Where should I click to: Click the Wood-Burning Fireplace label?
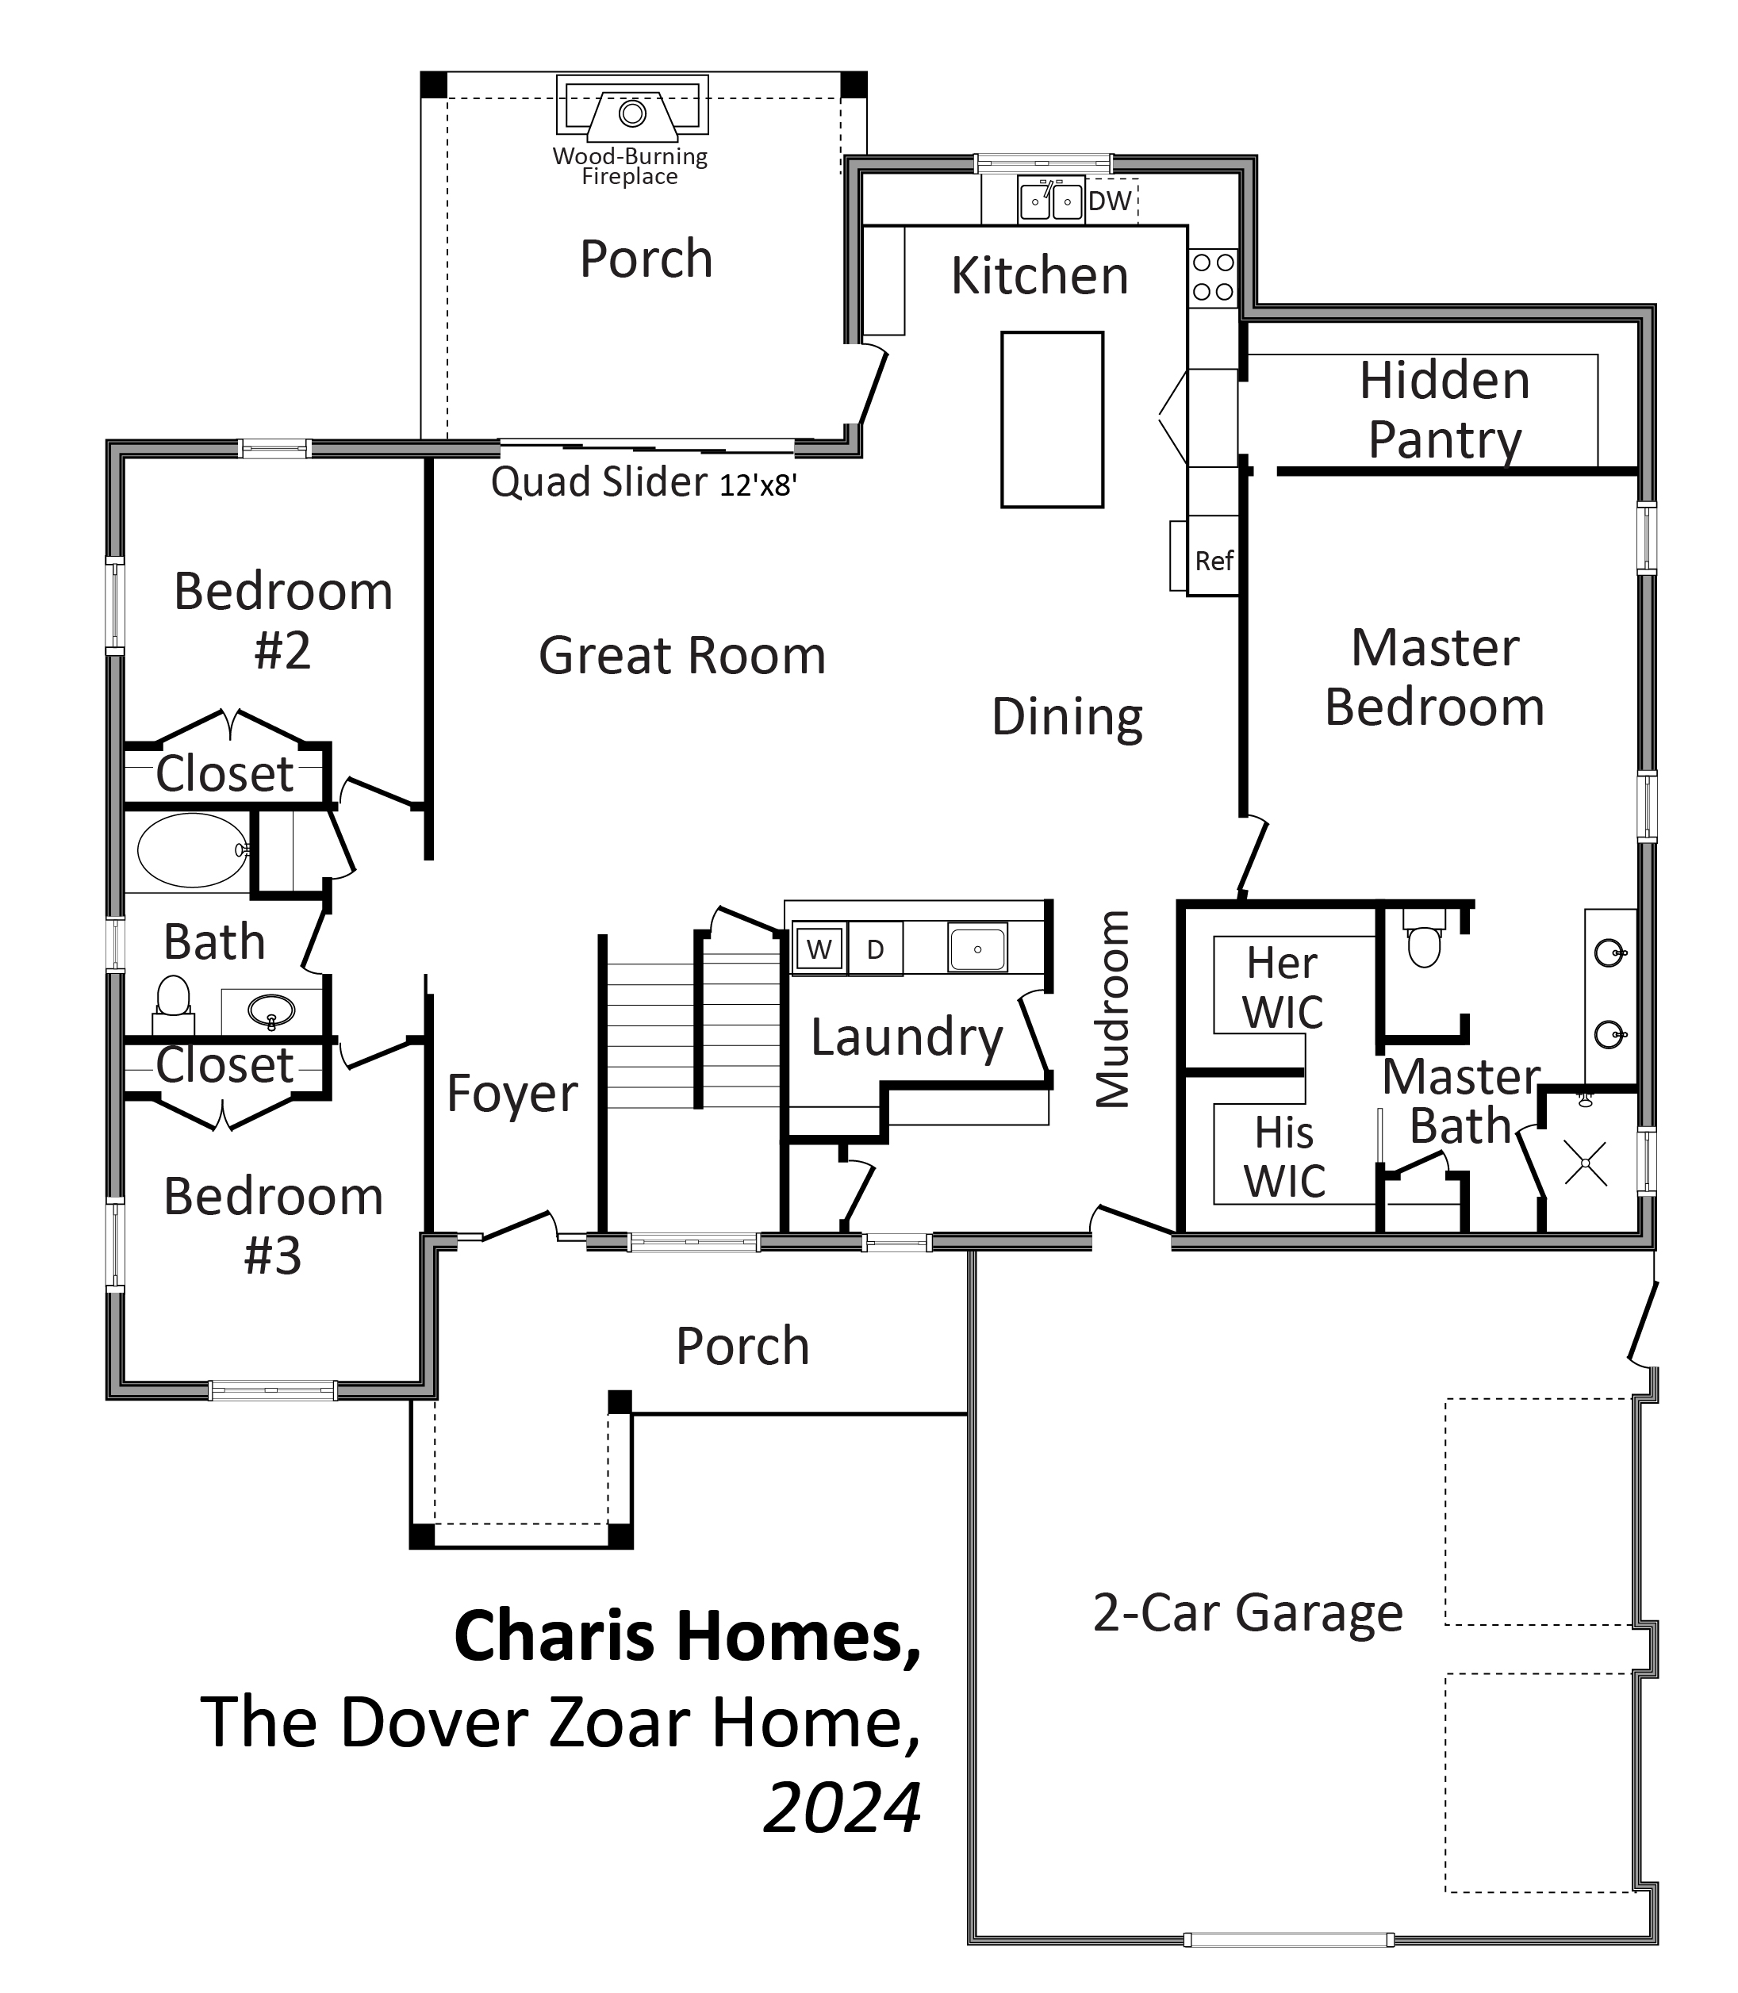point(630,166)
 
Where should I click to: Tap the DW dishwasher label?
point(1110,201)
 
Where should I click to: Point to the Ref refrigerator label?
point(1214,561)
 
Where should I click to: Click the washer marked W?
point(819,949)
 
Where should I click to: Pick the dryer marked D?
point(875,949)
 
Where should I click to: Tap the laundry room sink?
point(977,948)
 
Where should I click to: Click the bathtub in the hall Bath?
point(193,849)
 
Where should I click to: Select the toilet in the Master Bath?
point(1424,939)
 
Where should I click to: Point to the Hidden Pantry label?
point(1444,409)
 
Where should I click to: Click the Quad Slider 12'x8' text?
point(644,482)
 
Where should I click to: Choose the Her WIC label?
point(1282,987)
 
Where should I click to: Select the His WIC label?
point(1284,1156)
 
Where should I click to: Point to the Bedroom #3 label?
point(274,1226)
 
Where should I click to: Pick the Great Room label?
point(682,656)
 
